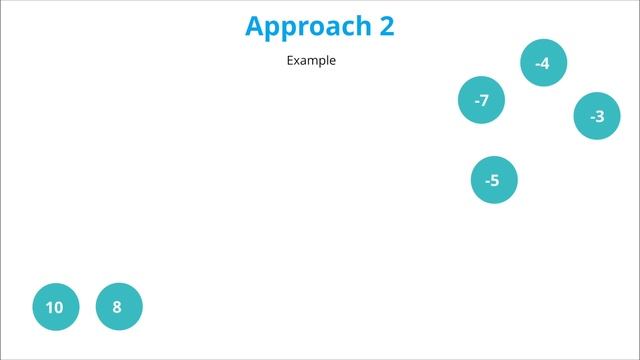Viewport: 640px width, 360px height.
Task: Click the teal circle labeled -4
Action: tap(543, 63)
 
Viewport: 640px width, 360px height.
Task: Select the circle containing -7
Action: tap(481, 100)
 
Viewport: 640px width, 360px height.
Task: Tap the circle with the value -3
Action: tap(597, 116)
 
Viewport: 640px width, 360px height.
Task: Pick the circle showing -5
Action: tap(494, 180)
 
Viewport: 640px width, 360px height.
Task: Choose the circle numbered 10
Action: tap(55, 307)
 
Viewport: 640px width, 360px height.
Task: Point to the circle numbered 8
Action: tap(118, 306)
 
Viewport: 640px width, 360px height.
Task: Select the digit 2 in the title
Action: tap(387, 26)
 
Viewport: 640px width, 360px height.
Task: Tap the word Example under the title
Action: tap(311, 60)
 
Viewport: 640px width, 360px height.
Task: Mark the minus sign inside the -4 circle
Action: tap(537, 64)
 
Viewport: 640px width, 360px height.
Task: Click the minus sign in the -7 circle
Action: tap(476, 101)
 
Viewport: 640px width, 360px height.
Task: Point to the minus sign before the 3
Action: tap(592, 117)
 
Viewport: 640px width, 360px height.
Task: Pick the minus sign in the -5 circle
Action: tap(487, 181)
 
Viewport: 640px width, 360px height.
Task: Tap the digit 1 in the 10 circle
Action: tap(50, 307)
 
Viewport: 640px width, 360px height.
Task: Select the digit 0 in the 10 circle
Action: tap(59, 307)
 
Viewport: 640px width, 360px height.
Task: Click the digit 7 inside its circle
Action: tap(484, 100)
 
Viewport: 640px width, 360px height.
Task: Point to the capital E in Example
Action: tap(290, 60)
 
